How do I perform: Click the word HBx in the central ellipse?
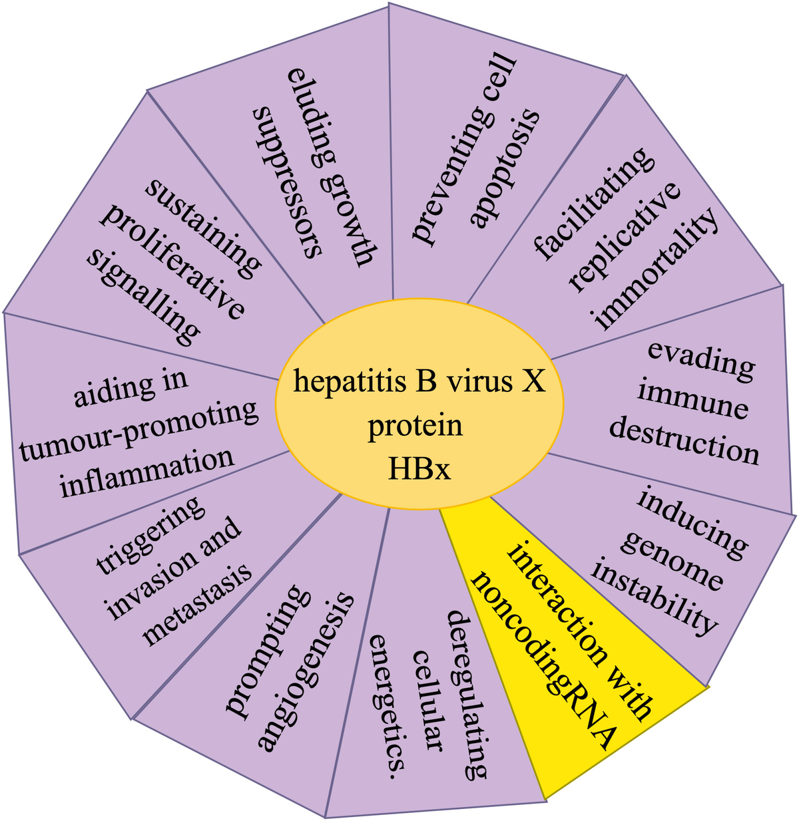419,470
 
